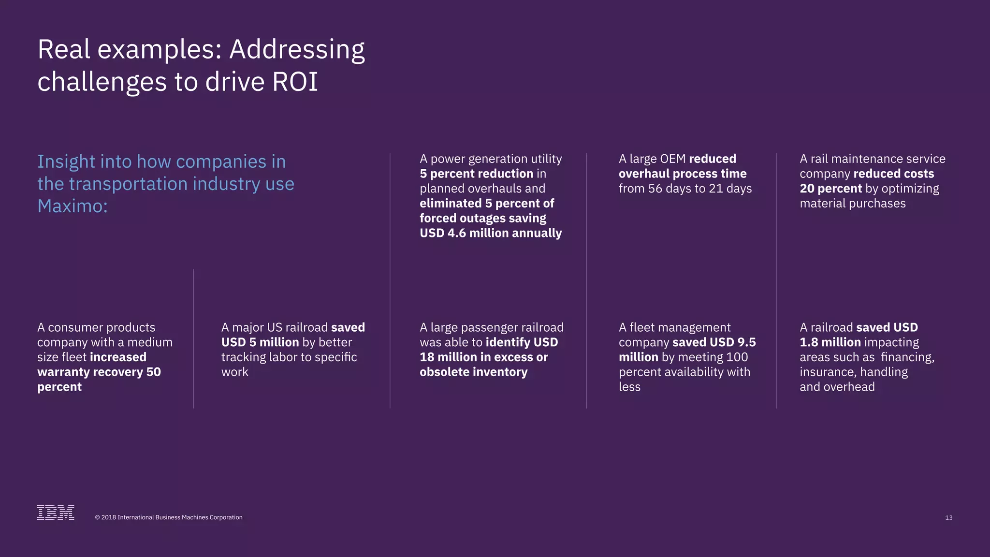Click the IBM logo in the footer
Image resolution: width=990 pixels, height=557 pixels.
click(x=56, y=513)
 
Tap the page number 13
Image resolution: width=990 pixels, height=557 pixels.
click(x=948, y=518)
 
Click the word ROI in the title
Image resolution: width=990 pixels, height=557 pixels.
click(x=295, y=82)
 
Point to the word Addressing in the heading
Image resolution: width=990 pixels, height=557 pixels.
click(x=297, y=50)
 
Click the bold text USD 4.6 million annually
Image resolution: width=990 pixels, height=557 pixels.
click(x=491, y=233)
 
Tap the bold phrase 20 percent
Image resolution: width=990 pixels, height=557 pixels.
click(x=830, y=189)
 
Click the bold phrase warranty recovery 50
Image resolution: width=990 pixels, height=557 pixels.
click(x=99, y=372)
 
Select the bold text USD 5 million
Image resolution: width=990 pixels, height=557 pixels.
click(x=260, y=342)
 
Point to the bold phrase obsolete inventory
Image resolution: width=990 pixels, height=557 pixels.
click(x=473, y=372)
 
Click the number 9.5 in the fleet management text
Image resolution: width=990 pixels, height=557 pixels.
click(x=746, y=342)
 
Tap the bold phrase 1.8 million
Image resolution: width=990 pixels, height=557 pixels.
click(x=830, y=342)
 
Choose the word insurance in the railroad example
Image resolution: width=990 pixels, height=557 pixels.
click(x=823, y=372)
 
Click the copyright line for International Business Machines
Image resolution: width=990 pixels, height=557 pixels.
click(x=169, y=517)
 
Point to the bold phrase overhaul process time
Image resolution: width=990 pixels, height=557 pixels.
click(x=683, y=174)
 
